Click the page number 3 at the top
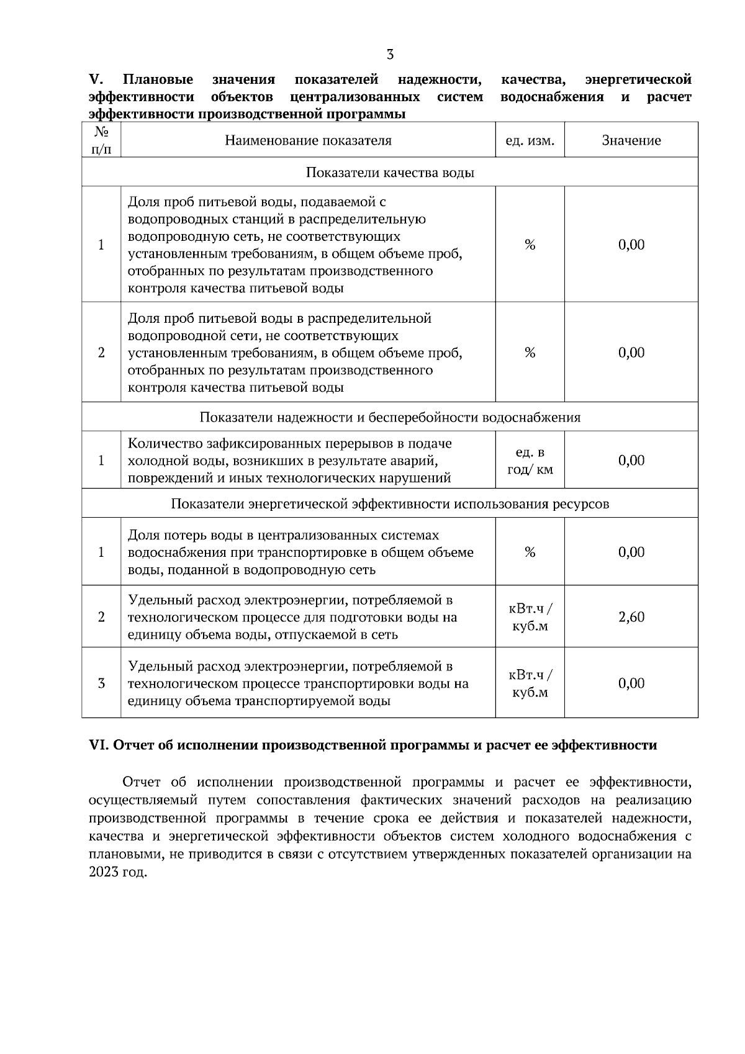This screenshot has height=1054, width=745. click(x=390, y=55)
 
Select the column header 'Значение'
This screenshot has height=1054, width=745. click(x=631, y=140)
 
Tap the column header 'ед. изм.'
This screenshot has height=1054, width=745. click(x=530, y=140)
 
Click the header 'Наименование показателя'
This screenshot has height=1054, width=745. click(x=308, y=140)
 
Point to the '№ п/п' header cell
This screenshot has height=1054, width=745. click(x=101, y=140)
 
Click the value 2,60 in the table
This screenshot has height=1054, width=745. click(x=631, y=617)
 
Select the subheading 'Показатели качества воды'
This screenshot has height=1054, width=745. click(x=390, y=173)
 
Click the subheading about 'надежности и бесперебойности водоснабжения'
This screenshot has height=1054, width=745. click(x=390, y=417)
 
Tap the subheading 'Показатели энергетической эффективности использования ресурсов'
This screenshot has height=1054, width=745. click(x=390, y=503)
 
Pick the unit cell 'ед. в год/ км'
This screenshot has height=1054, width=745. click(x=530, y=461)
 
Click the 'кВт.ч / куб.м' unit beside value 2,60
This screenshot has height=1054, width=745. click(x=530, y=617)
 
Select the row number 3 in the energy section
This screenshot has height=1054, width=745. click(x=101, y=683)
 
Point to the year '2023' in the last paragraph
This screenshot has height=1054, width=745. click(x=102, y=872)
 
